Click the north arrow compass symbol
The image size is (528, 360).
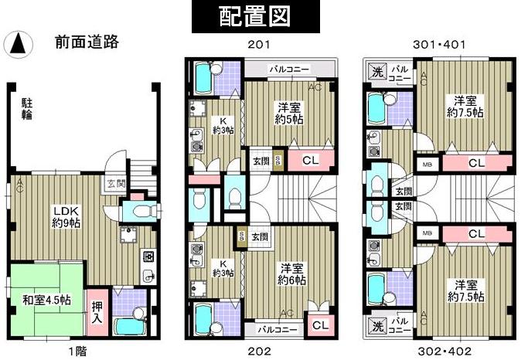point(17,45)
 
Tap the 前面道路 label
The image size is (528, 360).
point(86,42)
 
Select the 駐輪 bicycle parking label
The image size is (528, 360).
point(26,108)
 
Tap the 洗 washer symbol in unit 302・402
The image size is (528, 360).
point(377,325)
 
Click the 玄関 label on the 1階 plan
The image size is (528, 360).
point(116,183)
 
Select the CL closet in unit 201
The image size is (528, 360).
point(309,161)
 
